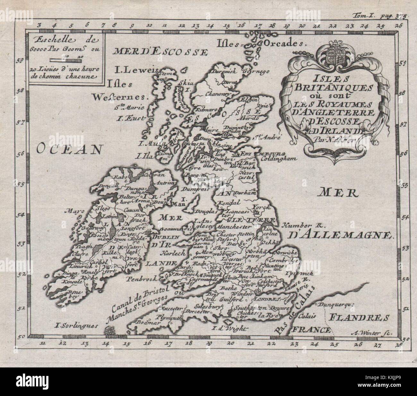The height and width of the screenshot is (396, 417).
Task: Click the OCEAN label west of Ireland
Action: (x=71, y=148)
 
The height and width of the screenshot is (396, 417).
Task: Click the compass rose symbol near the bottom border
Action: (x=110, y=330)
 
